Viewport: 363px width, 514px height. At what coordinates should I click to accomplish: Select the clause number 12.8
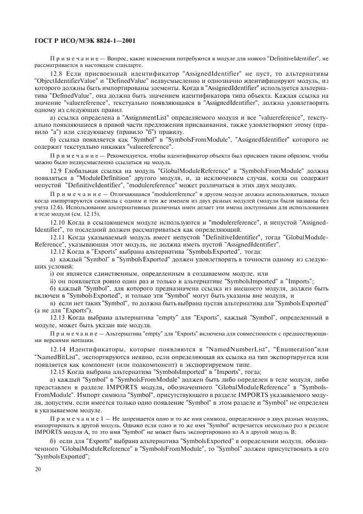[x=57, y=74]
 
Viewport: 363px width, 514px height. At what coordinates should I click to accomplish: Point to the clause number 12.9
[x=57, y=171]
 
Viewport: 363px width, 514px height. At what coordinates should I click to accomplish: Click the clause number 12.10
[x=58, y=222]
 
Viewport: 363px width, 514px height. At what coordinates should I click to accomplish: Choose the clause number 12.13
[x=58, y=319]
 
